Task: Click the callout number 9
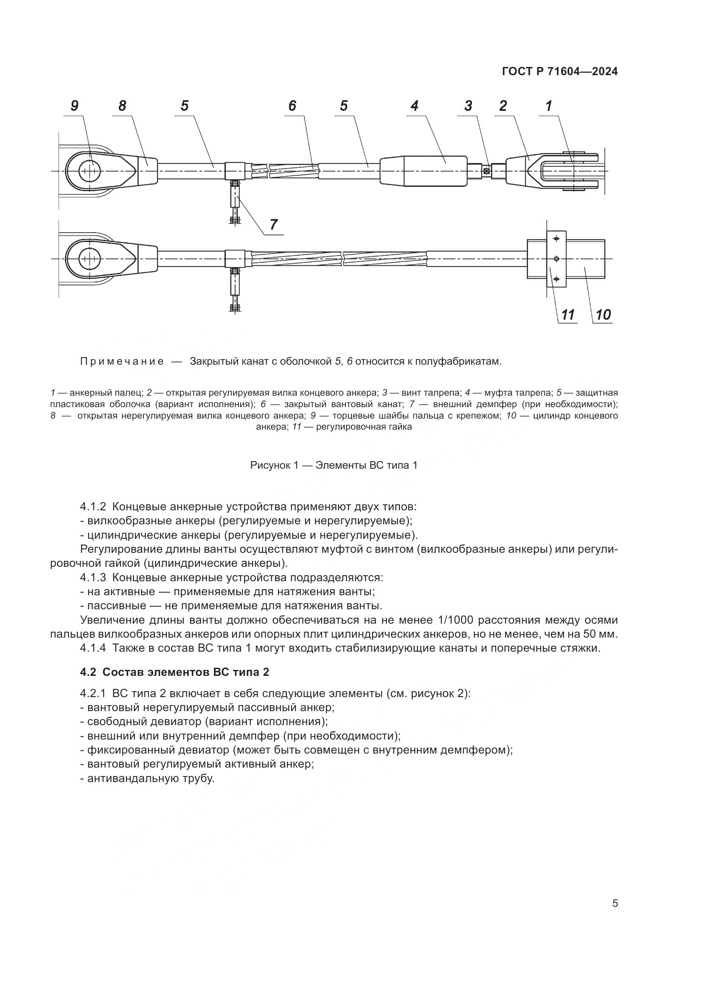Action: tap(75, 106)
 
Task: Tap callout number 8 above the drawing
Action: tap(122, 106)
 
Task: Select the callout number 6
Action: tap(293, 106)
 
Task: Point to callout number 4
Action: tap(415, 106)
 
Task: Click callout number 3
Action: tap(468, 106)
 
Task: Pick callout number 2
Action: tap(503, 106)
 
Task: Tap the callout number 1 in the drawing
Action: tap(548, 106)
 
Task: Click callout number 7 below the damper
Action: tap(274, 225)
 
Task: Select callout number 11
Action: tap(567, 315)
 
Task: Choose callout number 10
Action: tap(603, 315)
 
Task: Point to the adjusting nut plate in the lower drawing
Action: tap(556, 259)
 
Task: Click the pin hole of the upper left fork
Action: tap(90, 171)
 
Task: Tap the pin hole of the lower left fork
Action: tap(90, 259)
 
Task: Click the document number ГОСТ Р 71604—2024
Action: tap(560, 72)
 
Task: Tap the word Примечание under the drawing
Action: tap(122, 362)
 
